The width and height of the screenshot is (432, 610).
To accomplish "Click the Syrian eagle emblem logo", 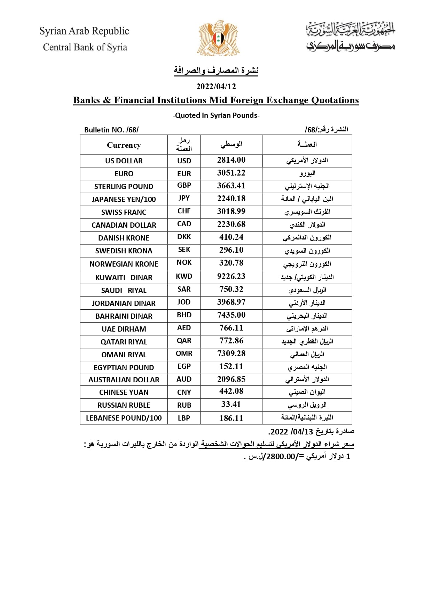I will pos(219,38).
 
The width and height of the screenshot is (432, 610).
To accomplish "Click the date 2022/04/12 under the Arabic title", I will pos(216,87).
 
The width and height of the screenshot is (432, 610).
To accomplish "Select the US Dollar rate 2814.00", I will pos(231,160).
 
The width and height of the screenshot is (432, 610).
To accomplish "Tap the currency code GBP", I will pos(184,186).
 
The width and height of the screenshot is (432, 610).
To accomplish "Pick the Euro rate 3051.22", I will pos(231,173).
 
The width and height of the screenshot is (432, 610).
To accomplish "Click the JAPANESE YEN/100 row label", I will pos(124,200).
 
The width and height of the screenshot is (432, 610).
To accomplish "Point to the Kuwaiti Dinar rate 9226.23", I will pos(231,276).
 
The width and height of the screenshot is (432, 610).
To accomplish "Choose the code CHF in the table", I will pos(184,211).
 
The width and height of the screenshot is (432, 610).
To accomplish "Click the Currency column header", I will pos(124,145).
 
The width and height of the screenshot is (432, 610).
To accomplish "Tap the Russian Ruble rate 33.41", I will pos(231,405).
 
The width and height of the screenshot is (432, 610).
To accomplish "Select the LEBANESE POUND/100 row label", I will pos(124,418).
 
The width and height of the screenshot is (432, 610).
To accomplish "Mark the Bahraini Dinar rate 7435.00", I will pos(231,315).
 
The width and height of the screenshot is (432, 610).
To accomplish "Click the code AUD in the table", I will pos(184,380).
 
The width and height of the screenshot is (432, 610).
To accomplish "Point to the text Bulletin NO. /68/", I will pos(111,130).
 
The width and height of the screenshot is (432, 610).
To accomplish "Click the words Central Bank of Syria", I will pos(85,47).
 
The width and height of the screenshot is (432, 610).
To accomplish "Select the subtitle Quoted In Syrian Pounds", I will pos(216,115).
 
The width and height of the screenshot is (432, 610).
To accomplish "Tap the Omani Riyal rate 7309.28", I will pos(231,353).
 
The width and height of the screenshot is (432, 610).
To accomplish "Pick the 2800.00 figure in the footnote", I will pos(281,457).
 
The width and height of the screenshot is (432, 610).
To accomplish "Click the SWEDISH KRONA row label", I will pos(124,251).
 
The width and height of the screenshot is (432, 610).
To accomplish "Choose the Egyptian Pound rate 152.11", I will pos(231,366).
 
